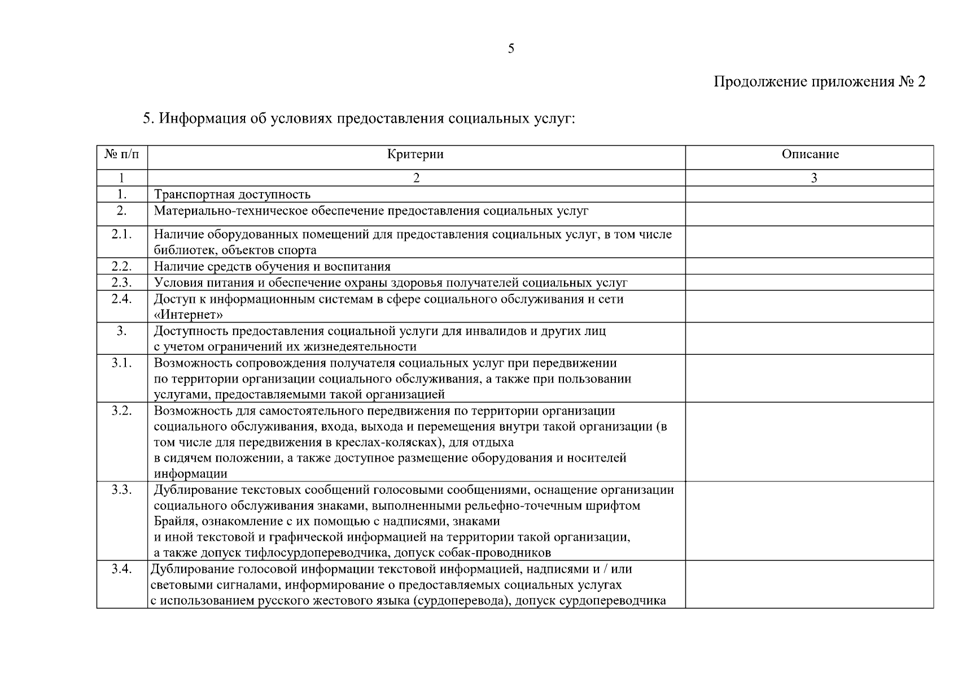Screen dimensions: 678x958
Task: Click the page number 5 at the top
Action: (x=511, y=49)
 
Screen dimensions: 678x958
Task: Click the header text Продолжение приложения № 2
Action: (x=819, y=82)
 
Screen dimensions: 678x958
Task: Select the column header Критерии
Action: (x=415, y=154)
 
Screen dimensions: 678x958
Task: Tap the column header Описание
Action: (x=810, y=154)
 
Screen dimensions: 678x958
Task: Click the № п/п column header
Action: (x=121, y=154)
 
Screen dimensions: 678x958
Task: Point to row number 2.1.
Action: (x=121, y=234)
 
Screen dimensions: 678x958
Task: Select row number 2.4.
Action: (x=121, y=299)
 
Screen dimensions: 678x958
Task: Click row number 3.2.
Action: (x=121, y=411)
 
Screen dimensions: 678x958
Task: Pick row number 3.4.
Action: (x=121, y=569)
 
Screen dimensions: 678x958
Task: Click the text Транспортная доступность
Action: (x=232, y=195)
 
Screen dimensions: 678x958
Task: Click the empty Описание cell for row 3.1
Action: (x=809, y=378)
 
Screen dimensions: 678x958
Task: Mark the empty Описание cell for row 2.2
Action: (x=809, y=266)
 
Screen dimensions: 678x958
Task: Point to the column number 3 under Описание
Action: (x=813, y=178)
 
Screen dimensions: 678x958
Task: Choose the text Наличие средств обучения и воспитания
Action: (x=272, y=267)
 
